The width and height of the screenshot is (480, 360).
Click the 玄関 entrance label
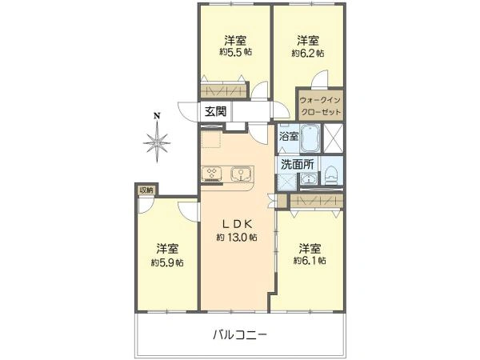click(x=215, y=111)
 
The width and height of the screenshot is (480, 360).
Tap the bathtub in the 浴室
click(x=310, y=138)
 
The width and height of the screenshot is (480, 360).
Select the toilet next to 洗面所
click(x=331, y=175)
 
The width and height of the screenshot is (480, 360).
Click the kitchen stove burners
click(x=211, y=174)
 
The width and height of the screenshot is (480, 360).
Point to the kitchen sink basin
click(x=242, y=174)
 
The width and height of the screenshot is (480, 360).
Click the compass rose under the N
click(x=157, y=142)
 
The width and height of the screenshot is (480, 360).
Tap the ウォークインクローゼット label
click(x=320, y=106)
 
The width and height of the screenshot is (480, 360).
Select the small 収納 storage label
click(x=146, y=190)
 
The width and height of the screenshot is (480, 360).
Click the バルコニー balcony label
click(x=240, y=335)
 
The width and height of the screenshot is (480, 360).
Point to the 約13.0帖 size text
click(x=237, y=238)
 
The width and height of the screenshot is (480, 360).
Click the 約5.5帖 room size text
click(x=235, y=52)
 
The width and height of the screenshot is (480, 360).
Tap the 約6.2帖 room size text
click(x=308, y=54)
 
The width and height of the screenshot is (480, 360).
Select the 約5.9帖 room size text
click(x=167, y=262)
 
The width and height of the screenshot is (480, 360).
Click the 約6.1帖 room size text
click(x=310, y=261)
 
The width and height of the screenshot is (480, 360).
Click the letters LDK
click(x=237, y=224)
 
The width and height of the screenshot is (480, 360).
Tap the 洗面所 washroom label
click(x=298, y=165)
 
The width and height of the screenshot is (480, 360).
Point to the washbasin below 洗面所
click(x=308, y=178)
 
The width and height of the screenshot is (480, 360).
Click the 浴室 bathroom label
click(x=288, y=136)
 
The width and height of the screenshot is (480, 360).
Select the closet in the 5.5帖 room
click(x=223, y=90)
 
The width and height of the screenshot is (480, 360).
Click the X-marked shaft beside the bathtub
click(x=334, y=138)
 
